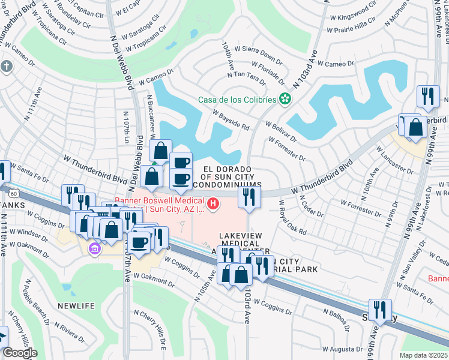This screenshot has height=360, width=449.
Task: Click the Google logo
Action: pos(19,353)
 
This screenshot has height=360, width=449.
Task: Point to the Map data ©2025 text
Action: pos(423,355)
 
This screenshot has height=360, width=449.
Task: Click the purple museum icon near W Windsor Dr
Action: pos(93,248)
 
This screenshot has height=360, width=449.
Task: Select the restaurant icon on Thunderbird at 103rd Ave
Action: pos(249,196)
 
